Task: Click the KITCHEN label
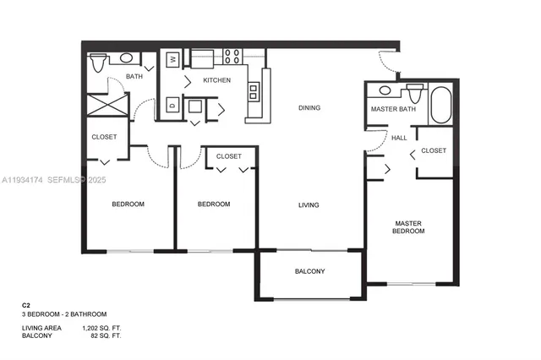[216, 80]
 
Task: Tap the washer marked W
[172, 59]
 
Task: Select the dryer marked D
[172, 106]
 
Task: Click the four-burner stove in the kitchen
[232, 57]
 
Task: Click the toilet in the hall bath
[97, 60]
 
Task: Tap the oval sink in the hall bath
[127, 58]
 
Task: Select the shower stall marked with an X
[108, 106]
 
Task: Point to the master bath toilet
[414, 92]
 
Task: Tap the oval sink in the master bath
[385, 90]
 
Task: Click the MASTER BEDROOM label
[408, 227]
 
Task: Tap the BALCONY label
[309, 271]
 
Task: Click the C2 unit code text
[26, 304]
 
